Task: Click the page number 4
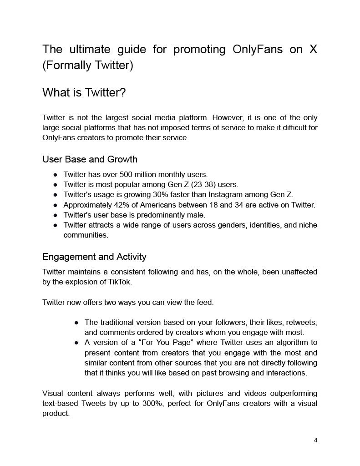(315, 440)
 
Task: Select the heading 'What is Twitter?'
(84, 93)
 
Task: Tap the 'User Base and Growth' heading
(90, 159)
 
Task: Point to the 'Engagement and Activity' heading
(94, 257)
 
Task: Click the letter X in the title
(313, 49)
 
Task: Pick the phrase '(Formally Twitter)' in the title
(87, 66)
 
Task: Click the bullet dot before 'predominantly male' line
(55, 215)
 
